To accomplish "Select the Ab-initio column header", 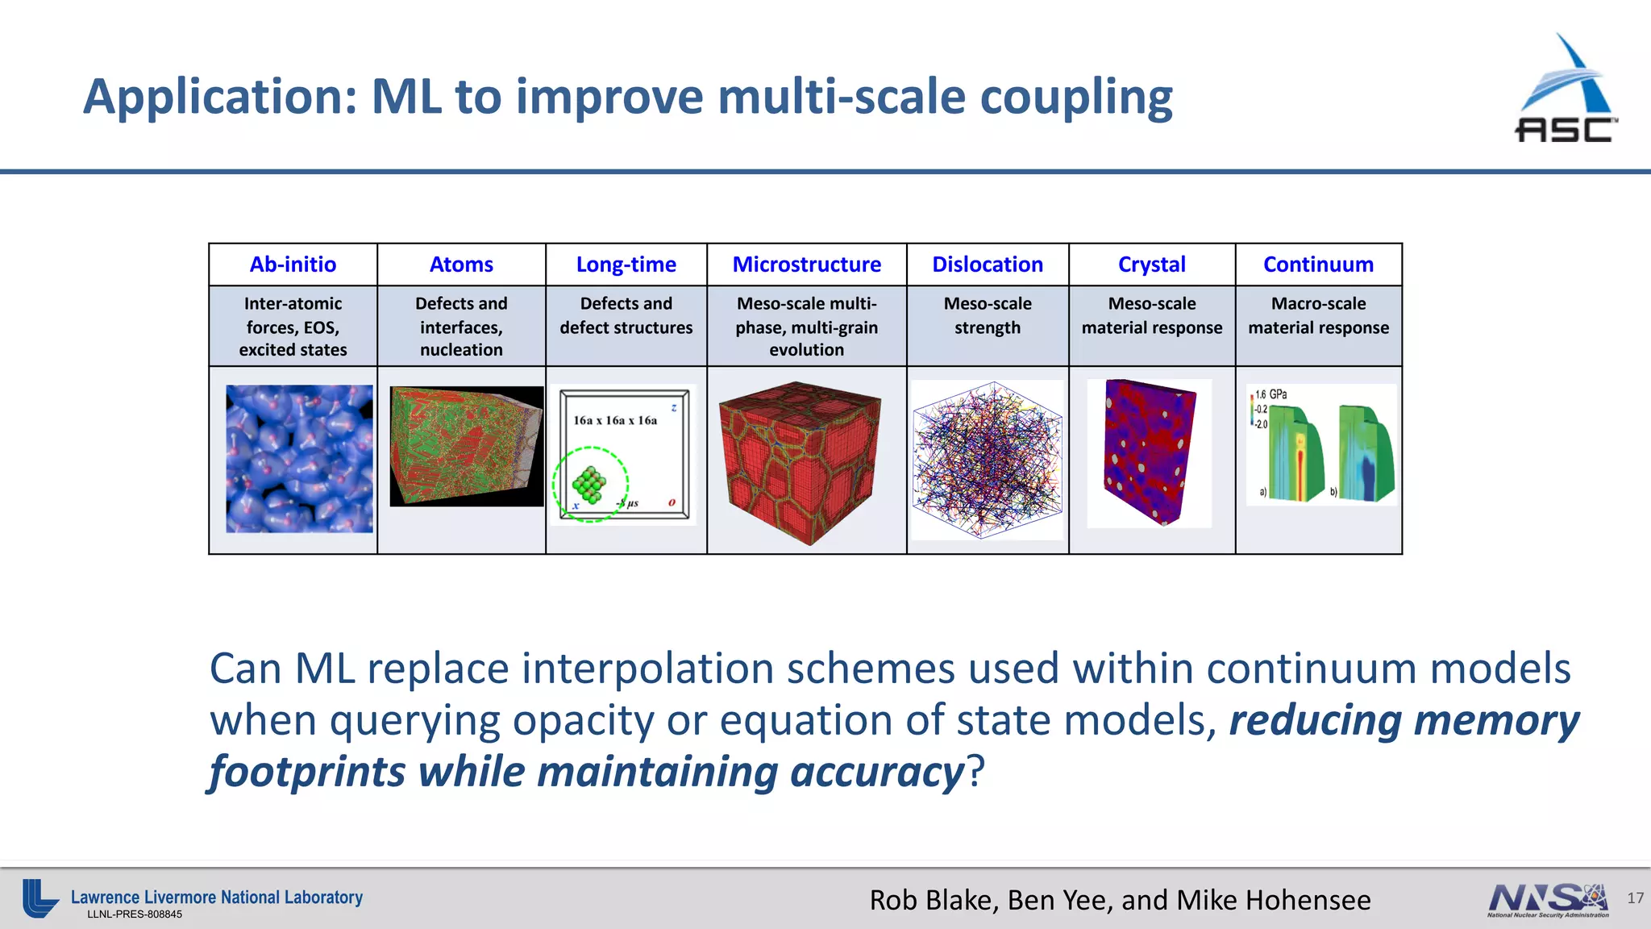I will tap(293, 265).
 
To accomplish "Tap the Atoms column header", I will tap(461, 265).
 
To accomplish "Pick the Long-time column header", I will tap(626, 265).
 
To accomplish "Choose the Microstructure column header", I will tap(806, 265).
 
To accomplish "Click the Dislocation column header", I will tap(988, 265).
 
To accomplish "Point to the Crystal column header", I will tap(1151, 265).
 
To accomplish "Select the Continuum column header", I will tap(1318, 265).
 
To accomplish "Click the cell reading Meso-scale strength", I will tap(988, 316).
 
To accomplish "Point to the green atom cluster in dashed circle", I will tap(589, 484).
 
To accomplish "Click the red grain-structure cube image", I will tap(801, 461).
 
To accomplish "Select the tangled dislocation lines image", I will tap(988, 460).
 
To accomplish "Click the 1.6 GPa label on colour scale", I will tap(1270, 394).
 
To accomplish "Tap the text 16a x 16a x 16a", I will tap(615, 420).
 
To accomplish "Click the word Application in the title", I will tap(219, 97).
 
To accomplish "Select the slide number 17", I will tap(1635, 898).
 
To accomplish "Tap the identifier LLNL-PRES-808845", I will tap(135, 914).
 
